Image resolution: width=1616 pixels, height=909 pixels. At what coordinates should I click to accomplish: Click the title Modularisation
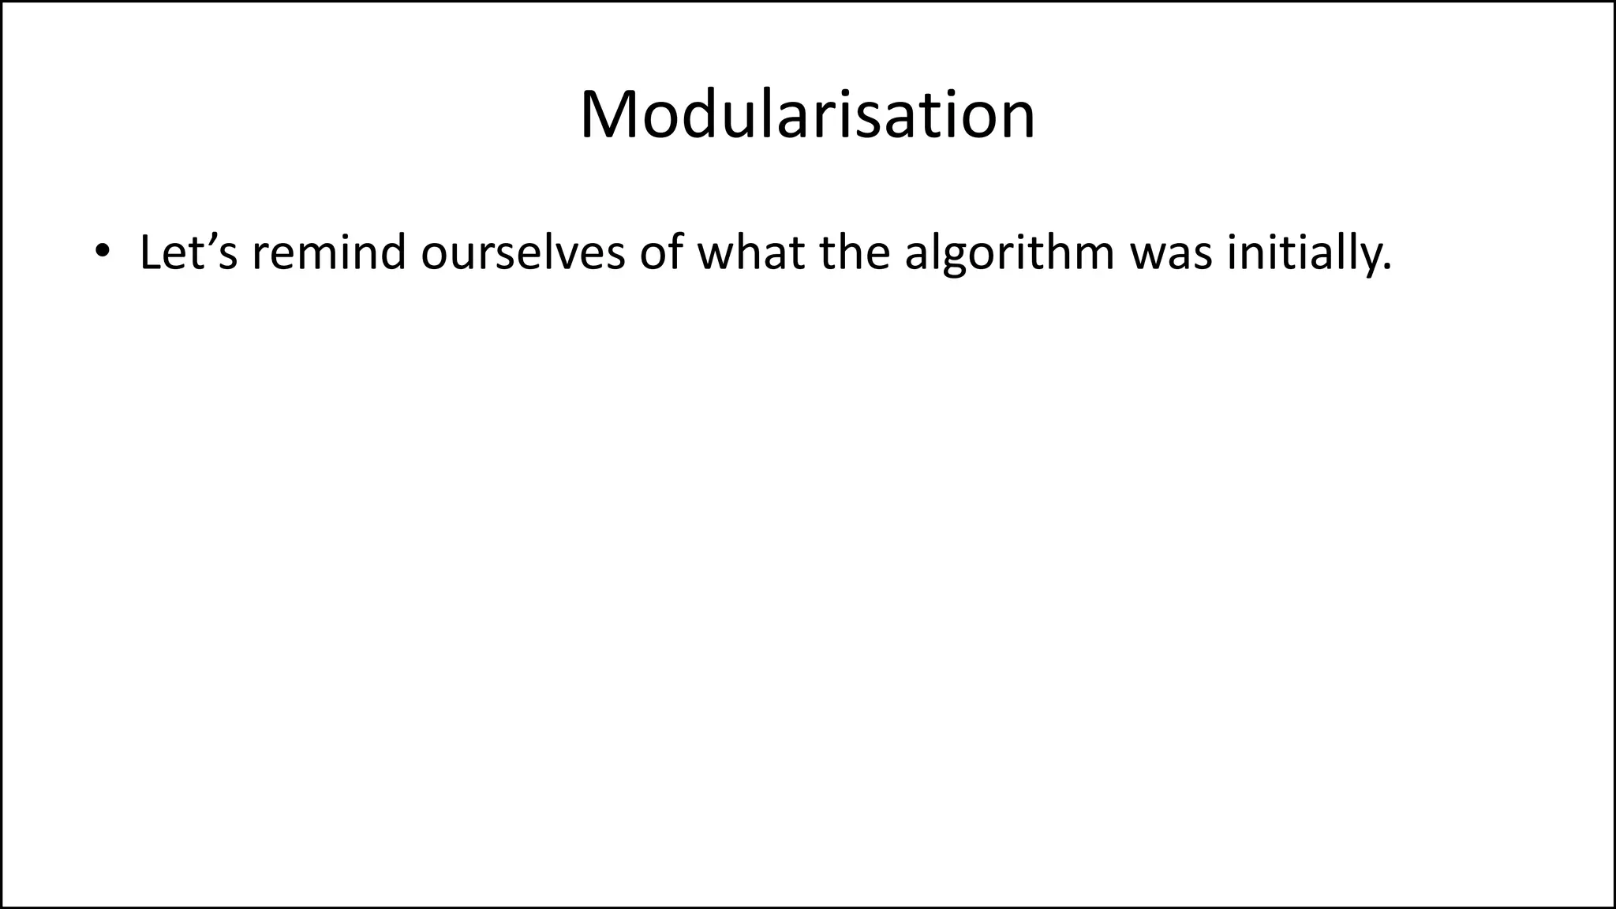coord(807,115)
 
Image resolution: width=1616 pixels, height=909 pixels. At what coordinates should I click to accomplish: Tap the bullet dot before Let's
coord(101,252)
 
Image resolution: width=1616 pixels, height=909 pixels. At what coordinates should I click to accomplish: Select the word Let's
coord(189,252)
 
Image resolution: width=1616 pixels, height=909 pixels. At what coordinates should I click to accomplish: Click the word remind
coord(329,252)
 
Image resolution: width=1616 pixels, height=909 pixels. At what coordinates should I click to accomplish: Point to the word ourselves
coord(522,252)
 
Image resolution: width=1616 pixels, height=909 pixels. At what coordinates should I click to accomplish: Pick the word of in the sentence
coord(661,252)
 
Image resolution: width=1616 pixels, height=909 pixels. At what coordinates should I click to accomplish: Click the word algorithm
coord(1009,252)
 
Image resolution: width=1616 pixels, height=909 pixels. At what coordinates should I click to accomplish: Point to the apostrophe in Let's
coord(211,238)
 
